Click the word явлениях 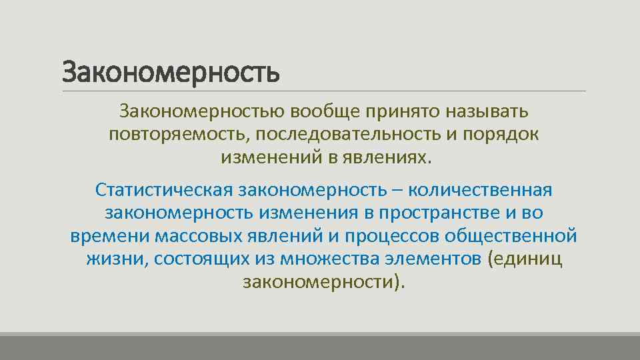[387, 158]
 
